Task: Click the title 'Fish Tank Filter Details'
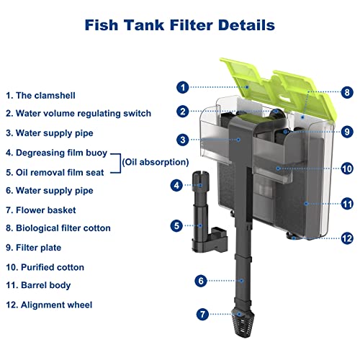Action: click(x=180, y=25)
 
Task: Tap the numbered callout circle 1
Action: click(x=184, y=87)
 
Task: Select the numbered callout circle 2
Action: click(x=184, y=112)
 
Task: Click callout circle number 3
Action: click(x=184, y=140)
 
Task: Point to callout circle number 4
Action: click(x=176, y=185)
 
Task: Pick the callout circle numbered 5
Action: click(x=176, y=225)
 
